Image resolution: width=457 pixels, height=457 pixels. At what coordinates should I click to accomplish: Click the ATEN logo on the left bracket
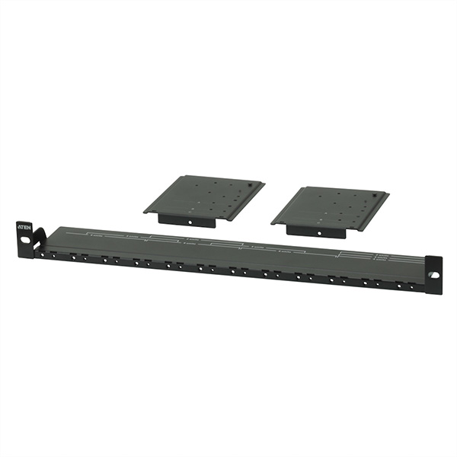coord(24,227)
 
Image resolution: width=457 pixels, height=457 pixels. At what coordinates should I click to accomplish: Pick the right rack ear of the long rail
coord(433,268)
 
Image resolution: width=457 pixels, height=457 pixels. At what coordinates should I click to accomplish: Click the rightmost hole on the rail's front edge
coord(411,288)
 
